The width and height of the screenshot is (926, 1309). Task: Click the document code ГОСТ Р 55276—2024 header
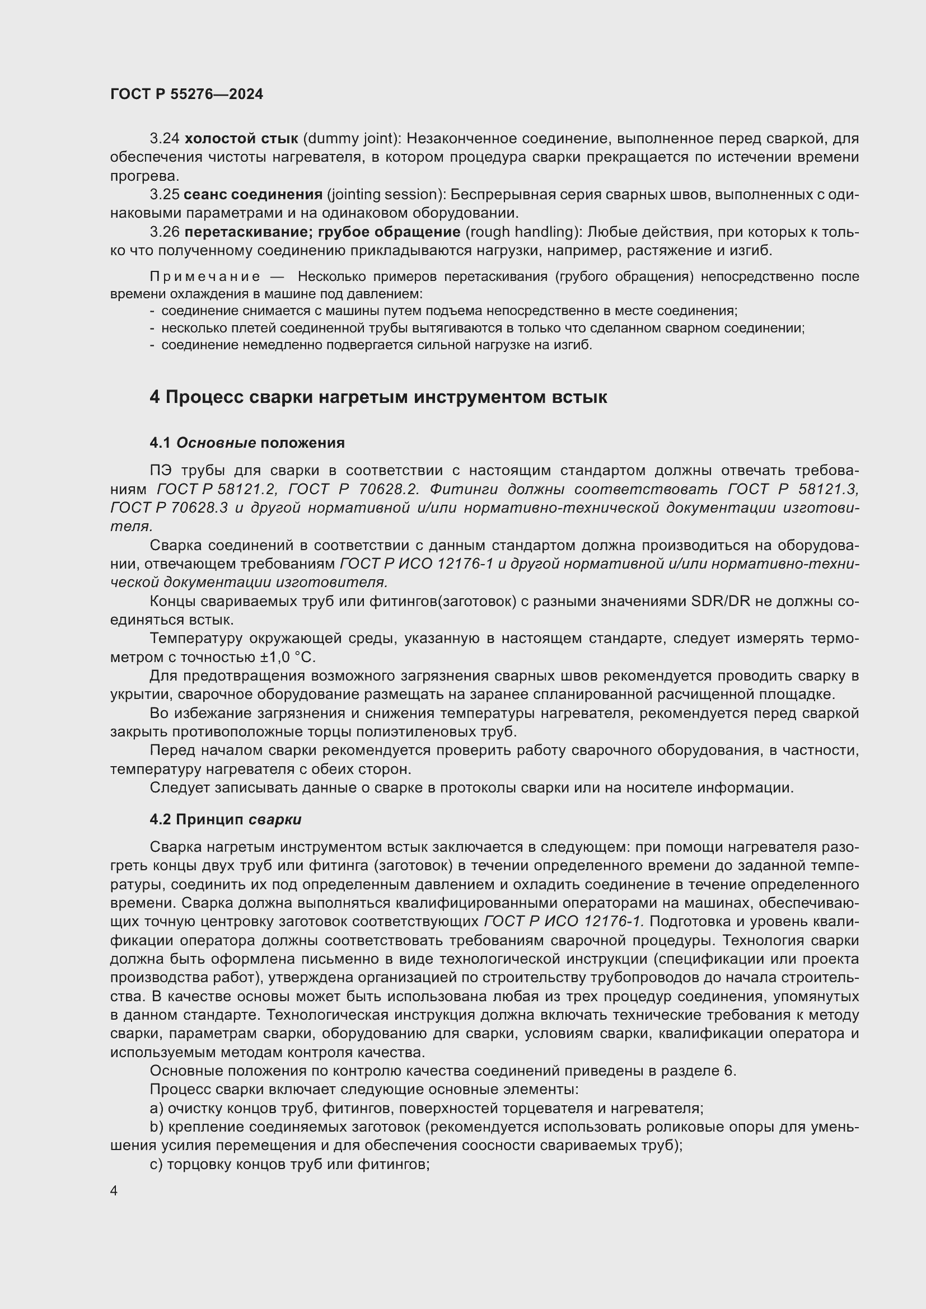coord(186,94)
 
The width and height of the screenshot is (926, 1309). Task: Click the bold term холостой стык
coord(241,139)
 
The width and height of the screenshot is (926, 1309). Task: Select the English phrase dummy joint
coord(350,139)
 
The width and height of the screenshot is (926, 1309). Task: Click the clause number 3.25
coord(164,194)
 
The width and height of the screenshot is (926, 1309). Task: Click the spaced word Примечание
coord(205,277)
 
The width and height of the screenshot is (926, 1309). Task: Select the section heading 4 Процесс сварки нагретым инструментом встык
coord(378,397)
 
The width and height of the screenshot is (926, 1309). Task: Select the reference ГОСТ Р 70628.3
coord(168,508)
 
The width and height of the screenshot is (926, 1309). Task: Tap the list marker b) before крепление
coord(157,1127)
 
